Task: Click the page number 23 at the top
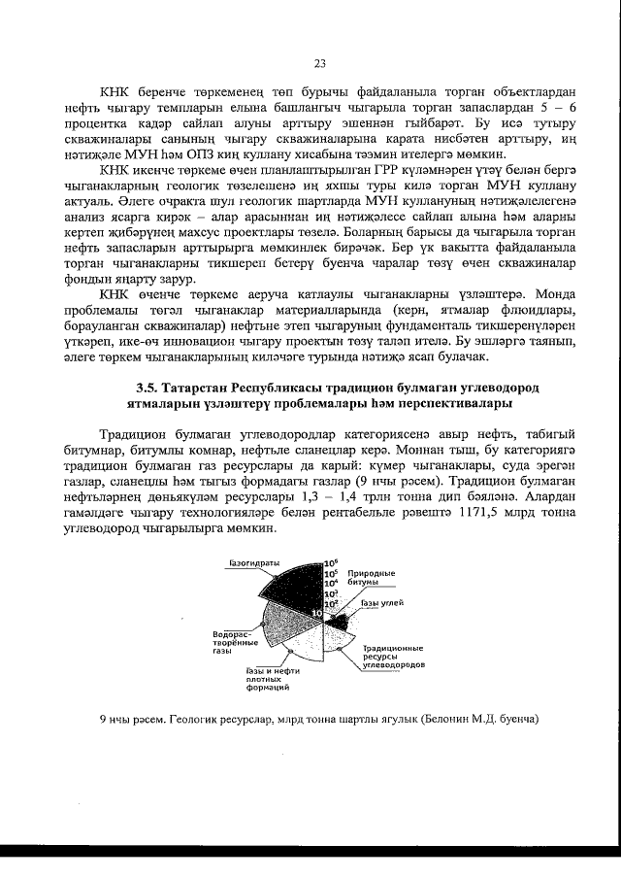(319, 63)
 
